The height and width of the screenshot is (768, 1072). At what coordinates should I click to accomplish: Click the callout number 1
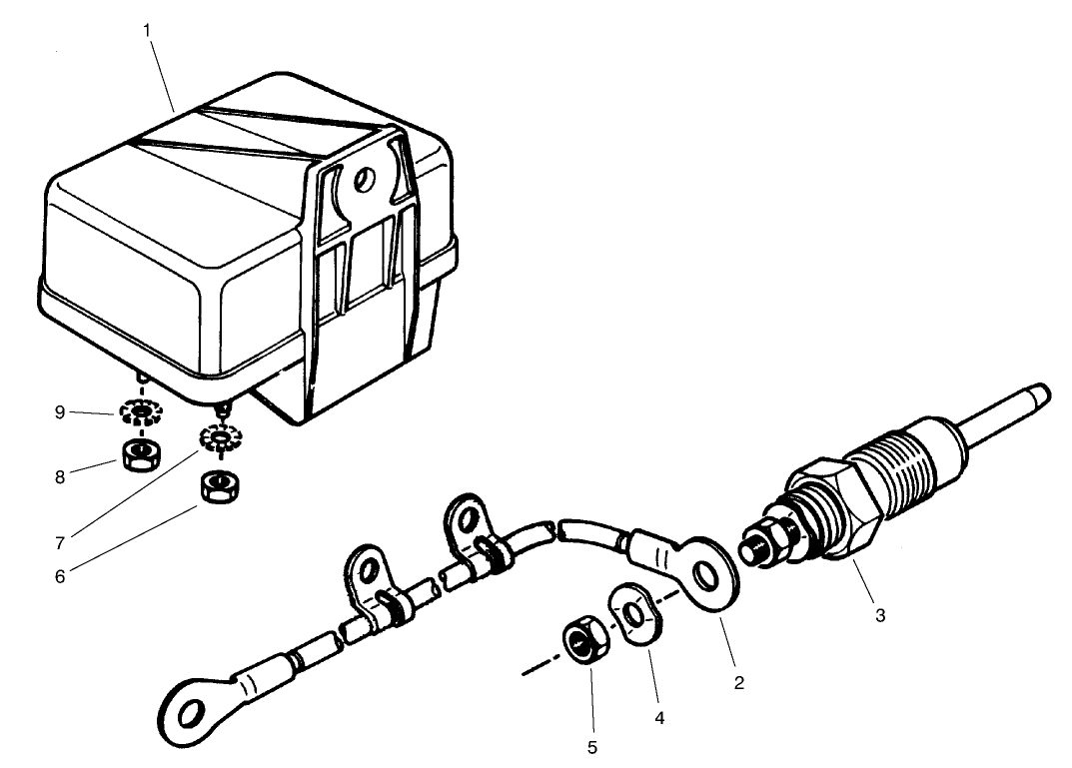[147, 29]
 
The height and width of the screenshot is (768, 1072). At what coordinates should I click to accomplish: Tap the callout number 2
[738, 683]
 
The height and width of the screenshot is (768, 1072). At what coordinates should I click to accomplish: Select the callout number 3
[880, 615]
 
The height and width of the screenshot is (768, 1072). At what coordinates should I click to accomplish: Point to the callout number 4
[658, 716]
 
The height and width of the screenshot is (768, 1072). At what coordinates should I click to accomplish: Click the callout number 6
[60, 576]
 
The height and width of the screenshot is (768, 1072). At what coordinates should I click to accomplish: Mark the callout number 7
[60, 543]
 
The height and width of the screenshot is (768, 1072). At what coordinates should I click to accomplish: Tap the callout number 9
[60, 412]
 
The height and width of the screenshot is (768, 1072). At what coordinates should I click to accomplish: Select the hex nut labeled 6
[216, 486]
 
